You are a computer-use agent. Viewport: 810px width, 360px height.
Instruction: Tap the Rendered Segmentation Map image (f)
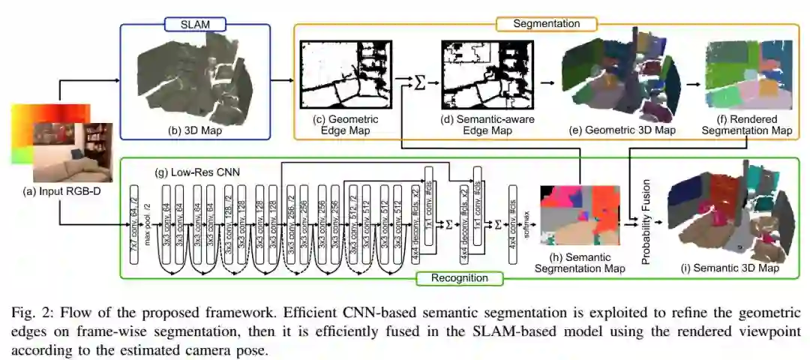[x=750, y=75]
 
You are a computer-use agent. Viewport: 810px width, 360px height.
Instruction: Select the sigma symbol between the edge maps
[x=420, y=79]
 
